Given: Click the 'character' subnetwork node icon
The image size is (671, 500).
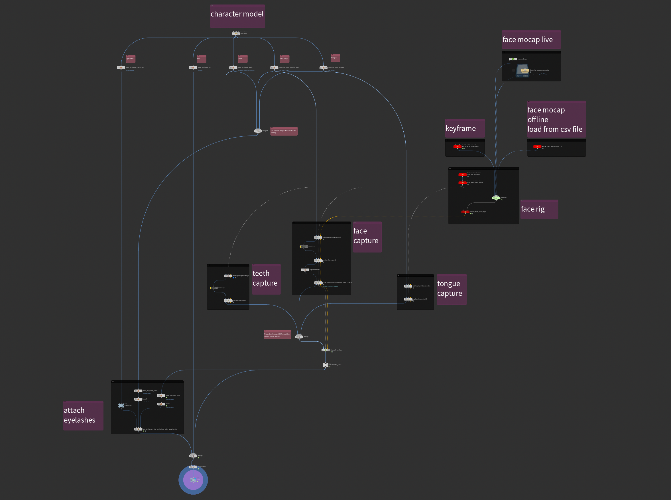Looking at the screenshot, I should [236, 33].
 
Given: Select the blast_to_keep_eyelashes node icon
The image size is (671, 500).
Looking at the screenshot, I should [121, 67].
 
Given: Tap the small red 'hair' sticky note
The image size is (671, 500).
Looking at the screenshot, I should [202, 59].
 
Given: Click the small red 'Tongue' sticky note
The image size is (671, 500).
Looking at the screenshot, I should [335, 58].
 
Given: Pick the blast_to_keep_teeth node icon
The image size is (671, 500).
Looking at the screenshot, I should [233, 67].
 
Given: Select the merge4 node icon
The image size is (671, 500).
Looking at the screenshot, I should [258, 131].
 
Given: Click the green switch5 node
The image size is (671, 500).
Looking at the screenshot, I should [496, 198].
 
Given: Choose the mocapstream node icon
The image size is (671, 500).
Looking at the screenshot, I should [513, 59].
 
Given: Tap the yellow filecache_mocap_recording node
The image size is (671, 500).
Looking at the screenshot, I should [525, 71].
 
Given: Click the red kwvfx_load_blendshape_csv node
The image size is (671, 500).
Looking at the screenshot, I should [537, 146].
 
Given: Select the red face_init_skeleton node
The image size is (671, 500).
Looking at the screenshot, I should [462, 175].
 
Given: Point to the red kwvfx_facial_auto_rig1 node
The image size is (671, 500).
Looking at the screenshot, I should [465, 212].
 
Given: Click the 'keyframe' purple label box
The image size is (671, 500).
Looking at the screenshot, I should [465, 129].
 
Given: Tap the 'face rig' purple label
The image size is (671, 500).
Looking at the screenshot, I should [539, 209].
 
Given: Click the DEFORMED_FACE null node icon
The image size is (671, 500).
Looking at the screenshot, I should [325, 365].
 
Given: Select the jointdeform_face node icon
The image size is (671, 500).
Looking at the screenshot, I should [325, 350].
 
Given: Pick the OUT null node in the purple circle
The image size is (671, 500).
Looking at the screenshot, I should [193, 480].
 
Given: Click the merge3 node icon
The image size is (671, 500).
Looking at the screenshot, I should [193, 456].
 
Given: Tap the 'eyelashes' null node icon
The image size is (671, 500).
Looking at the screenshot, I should [121, 405].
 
